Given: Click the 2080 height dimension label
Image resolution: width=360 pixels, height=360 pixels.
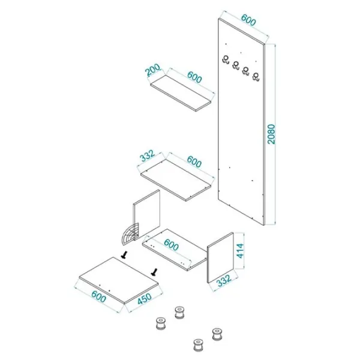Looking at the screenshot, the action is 271,134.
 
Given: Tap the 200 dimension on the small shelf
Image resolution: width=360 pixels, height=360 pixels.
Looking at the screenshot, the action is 154,70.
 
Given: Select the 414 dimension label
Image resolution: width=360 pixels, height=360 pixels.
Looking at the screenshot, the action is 241,251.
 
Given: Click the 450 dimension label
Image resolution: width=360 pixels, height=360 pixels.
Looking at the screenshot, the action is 145,299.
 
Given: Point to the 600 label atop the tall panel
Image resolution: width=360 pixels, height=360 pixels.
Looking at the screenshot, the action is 248,20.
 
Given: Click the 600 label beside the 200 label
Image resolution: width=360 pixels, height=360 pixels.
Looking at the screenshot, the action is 194,77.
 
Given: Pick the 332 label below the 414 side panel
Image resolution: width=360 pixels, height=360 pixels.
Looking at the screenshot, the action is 224,281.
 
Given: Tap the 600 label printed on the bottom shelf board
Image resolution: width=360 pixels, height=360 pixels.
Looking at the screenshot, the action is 171,245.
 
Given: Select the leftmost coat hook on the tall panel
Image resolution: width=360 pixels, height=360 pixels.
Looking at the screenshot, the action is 226,59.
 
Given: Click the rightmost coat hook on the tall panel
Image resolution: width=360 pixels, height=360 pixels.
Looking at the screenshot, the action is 256,76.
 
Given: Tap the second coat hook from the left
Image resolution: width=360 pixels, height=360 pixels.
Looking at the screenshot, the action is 236,65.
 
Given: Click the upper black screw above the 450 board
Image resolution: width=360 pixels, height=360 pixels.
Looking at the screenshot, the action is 125,255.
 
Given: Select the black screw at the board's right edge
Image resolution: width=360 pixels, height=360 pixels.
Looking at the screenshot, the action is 154,272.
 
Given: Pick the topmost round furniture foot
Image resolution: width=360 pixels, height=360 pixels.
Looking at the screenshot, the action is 179,313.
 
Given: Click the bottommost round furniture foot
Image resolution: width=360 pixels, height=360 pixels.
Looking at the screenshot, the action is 197,346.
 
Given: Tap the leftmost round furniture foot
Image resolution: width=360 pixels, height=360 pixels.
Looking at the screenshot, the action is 161,323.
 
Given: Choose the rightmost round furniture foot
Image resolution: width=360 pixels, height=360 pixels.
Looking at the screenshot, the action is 217,334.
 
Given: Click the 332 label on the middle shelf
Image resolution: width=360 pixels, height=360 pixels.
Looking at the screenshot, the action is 147,155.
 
